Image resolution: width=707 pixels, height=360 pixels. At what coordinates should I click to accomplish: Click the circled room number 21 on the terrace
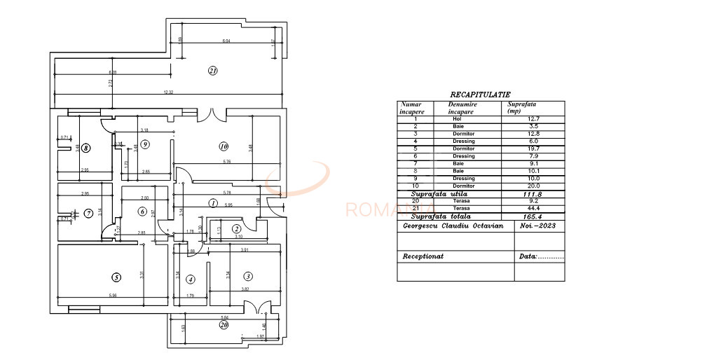pyautogui.click(x=213, y=70)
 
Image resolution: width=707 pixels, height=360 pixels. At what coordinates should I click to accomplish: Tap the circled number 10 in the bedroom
pyautogui.click(x=224, y=146)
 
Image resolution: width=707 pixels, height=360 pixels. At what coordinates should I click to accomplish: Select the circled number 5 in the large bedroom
pyautogui.click(x=116, y=277)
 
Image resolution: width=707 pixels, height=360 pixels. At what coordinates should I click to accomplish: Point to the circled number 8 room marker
pyautogui.click(x=85, y=148)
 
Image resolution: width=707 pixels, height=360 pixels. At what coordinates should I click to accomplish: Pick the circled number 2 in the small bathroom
pyautogui.click(x=237, y=228)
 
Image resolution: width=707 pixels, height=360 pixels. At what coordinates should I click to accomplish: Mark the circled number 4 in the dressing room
pyautogui.click(x=191, y=279)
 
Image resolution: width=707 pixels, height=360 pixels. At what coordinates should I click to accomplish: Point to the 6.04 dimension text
pyautogui.click(x=226, y=42)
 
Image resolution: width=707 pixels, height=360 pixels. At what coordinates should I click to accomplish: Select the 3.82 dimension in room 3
pyautogui.click(x=246, y=288)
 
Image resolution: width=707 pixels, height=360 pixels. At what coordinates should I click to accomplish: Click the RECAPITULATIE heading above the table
pyautogui.click(x=480, y=94)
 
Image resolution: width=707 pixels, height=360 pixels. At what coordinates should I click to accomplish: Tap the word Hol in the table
pyautogui.click(x=458, y=118)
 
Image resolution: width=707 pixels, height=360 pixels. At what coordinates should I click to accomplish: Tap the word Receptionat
pyautogui.click(x=423, y=256)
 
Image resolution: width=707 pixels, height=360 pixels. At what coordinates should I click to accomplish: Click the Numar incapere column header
pyautogui.click(x=412, y=107)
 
